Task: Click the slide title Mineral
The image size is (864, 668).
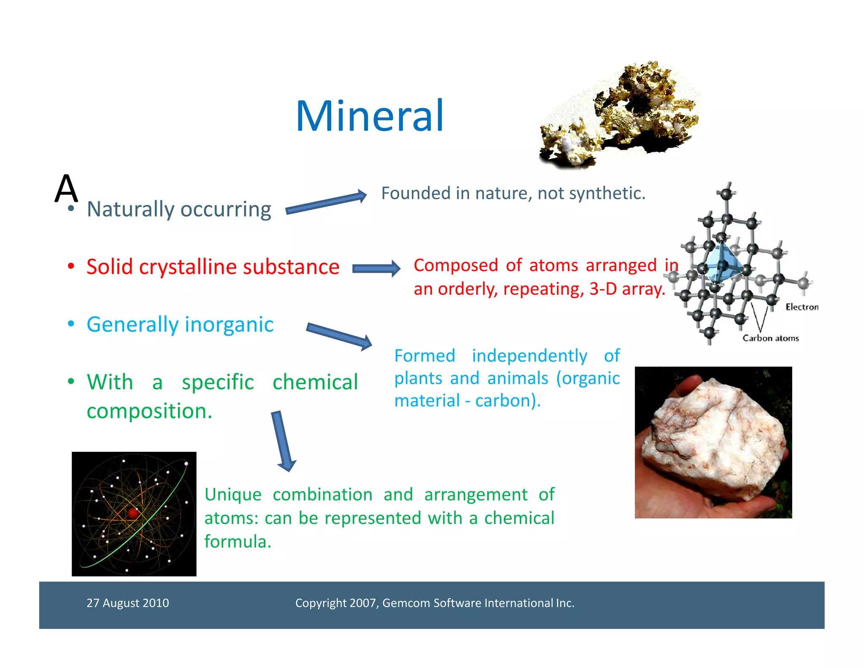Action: [370, 116]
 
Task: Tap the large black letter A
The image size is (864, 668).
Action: [66, 188]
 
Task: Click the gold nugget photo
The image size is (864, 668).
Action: [620, 116]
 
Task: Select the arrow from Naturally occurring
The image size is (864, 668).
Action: [326, 202]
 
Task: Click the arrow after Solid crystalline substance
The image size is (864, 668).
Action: [376, 269]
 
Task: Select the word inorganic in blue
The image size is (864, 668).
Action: [229, 325]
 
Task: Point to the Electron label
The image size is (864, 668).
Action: [802, 307]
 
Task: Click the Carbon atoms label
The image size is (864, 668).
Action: [770, 338]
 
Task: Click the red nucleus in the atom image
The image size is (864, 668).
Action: [133, 513]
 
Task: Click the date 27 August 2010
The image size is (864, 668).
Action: [127, 603]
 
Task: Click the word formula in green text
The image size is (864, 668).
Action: [237, 542]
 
